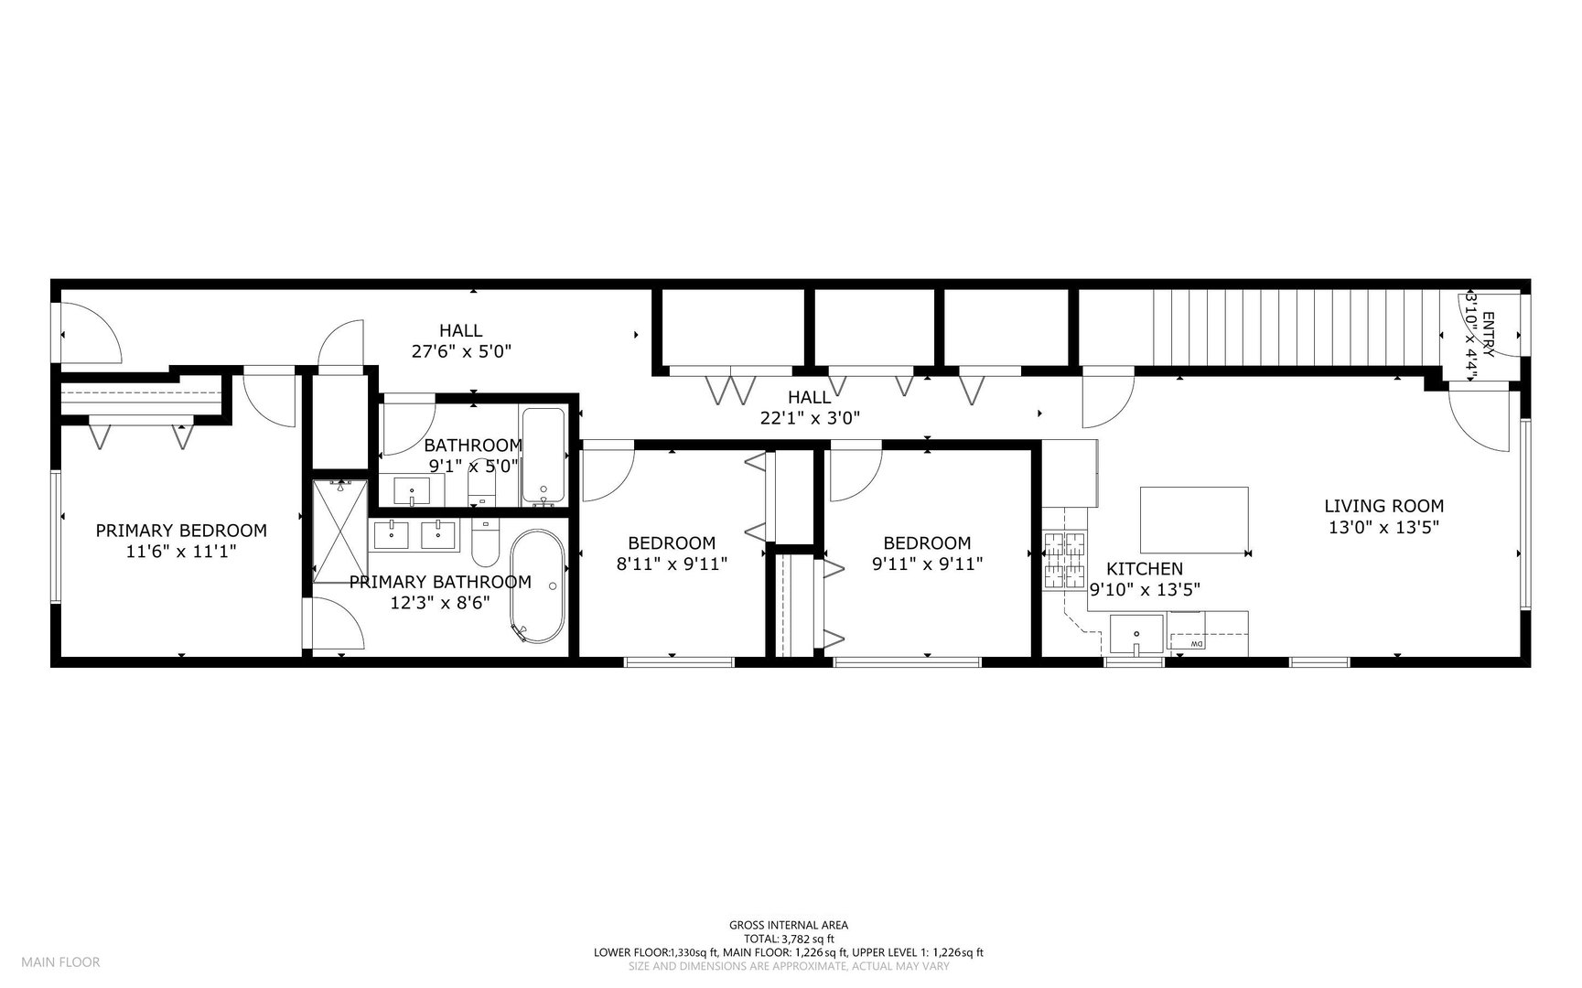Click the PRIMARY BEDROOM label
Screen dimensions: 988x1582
[181, 531]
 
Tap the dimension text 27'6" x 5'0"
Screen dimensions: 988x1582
[460, 350]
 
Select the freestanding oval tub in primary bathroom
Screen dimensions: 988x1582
[537, 586]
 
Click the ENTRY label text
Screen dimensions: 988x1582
[1488, 335]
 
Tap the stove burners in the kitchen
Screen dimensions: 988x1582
[1064, 560]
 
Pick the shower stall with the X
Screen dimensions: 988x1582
[340, 532]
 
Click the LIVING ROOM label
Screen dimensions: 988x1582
[1383, 506]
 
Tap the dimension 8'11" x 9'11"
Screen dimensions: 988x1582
[672, 564]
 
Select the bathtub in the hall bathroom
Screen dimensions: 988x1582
[544, 456]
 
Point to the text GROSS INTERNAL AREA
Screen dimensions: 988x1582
[788, 925]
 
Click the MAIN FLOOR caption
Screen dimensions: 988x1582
[60, 961]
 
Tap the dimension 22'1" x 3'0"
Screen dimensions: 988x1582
[809, 418]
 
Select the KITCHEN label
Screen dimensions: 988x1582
[1144, 569]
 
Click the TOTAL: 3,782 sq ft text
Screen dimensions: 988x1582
[788, 939]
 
